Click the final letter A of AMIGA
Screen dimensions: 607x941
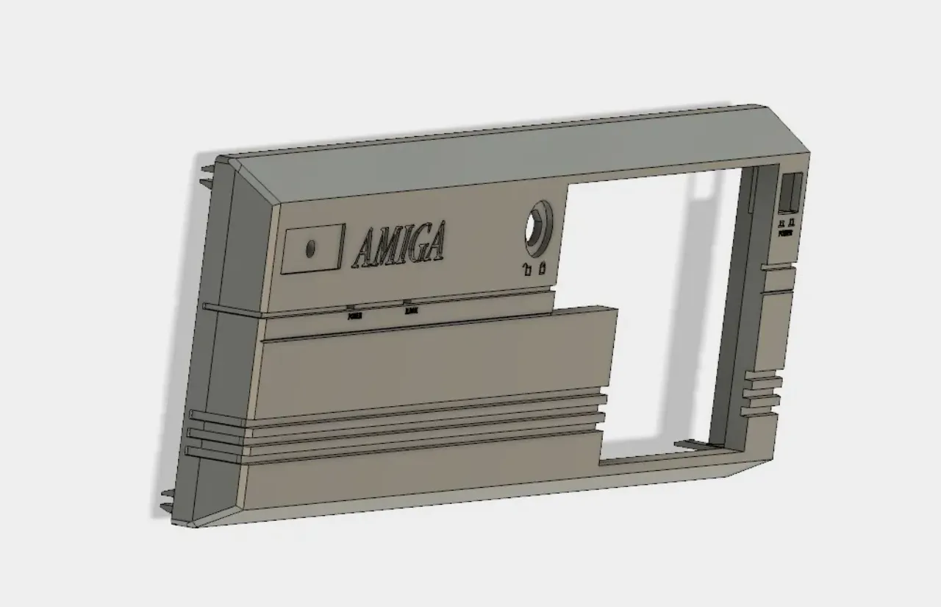click(x=435, y=241)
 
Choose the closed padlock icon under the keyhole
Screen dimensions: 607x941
click(x=543, y=268)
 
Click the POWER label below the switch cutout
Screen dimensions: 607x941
click(x=785, y=232)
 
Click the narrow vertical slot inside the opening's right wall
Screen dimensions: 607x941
click(x=751, y=191)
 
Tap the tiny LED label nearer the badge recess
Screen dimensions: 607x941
click(x=354, y=316)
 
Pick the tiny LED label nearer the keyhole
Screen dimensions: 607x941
click(x=410, y=310)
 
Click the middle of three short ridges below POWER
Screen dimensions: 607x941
click(x=762, y=391)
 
